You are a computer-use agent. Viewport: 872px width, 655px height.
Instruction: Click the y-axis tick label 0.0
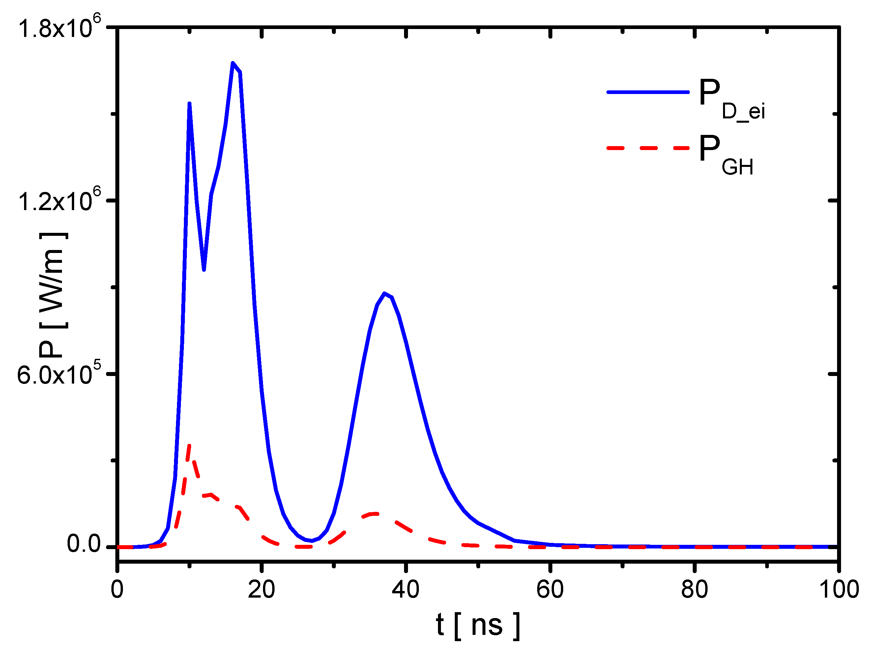point(84,544)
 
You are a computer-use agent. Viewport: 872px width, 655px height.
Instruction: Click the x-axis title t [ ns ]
point(478,625)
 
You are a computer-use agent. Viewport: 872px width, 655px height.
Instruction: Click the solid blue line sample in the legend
point(648,92)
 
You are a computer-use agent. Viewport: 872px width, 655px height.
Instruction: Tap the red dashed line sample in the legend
point(648,148)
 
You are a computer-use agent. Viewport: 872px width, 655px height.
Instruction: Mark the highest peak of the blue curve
point(233,63)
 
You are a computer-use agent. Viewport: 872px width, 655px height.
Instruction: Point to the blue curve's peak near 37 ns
point(384,294)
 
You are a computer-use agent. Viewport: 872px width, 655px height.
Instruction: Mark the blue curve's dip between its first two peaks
point(204,269)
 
